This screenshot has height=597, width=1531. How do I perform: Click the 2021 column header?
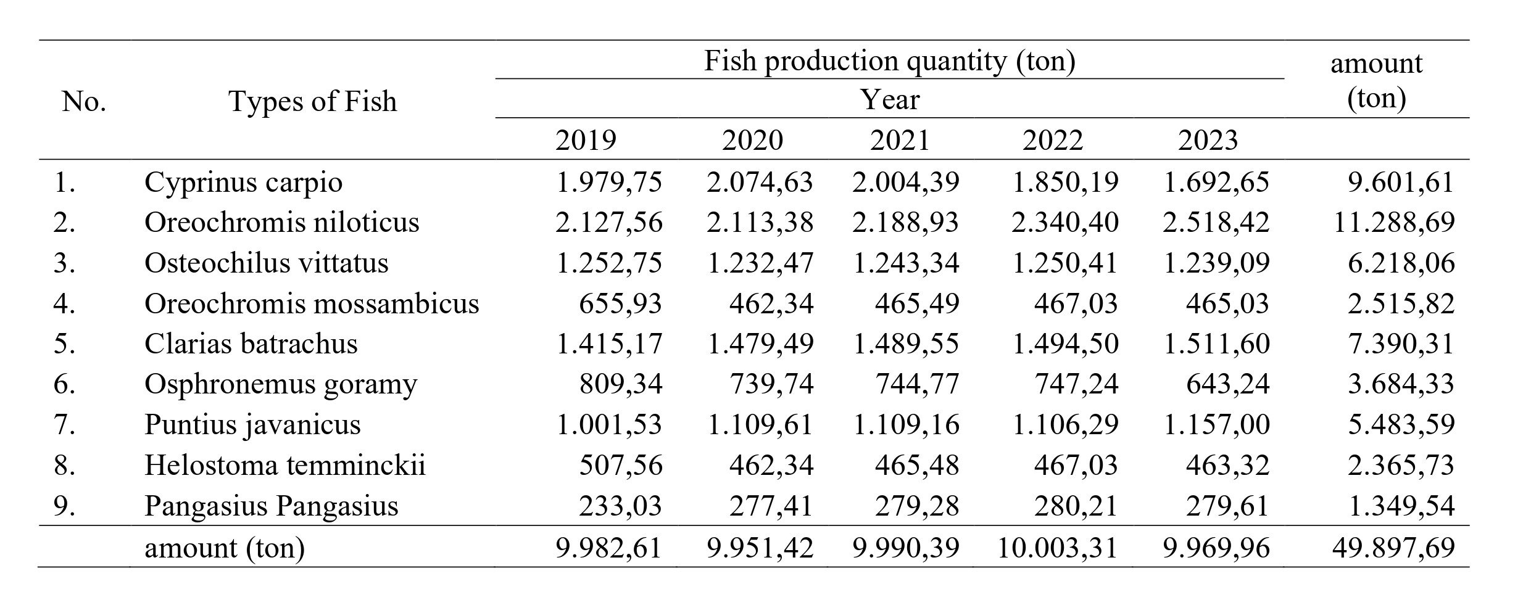point(900,140)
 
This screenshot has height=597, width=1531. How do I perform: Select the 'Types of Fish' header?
point(312,101)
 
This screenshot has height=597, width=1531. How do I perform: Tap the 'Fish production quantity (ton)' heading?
point(889,61)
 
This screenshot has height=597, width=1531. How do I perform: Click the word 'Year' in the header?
point(890,100)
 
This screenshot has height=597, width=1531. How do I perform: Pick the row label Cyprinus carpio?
point(243,182)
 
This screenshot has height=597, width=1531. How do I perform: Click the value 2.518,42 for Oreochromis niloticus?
point(1216,222)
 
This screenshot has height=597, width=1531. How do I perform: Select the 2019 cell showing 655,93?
point(620,303)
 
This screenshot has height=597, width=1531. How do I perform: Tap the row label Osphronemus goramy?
point(281,384)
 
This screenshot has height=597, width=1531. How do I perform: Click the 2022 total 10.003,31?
point(1057,547)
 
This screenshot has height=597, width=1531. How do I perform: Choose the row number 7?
point(65,424)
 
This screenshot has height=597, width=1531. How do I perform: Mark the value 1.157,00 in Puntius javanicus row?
point(1216,424)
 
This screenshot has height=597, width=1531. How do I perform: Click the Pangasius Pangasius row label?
point(271,506)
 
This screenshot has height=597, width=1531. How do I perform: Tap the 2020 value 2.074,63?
point(759,182)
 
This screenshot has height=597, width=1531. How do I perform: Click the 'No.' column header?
point(84,101)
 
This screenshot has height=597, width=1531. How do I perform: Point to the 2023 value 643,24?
point(1227,384)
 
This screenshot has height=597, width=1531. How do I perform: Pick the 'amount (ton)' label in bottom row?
point(225,548)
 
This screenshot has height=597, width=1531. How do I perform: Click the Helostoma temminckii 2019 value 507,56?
point(620,465)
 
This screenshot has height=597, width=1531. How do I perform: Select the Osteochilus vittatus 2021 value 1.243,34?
point(905,263)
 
